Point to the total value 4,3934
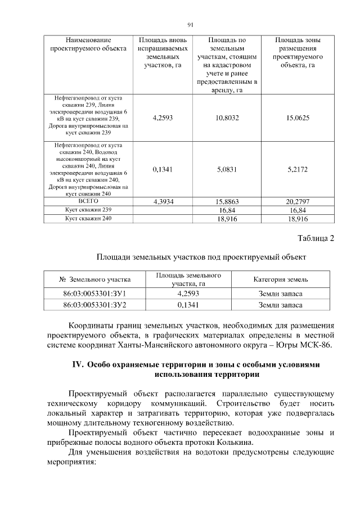point(162,201)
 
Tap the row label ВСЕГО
point(88,200)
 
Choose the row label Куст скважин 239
point(88,209)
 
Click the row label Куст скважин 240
point(88,218)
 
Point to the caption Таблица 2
point(315,238)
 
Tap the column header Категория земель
point(280,279)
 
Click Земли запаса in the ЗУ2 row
point(280,305)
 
